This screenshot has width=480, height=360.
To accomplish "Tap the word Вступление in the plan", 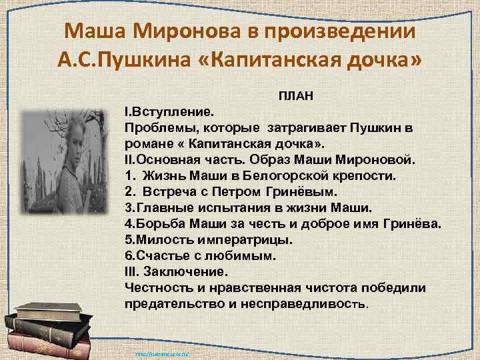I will (x=172, y=111).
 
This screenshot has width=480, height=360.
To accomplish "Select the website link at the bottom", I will (x=163, y=354).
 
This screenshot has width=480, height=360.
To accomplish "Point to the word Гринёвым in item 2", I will (x=279, y=192).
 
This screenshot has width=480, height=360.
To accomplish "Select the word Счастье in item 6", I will (x=157, y=256).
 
